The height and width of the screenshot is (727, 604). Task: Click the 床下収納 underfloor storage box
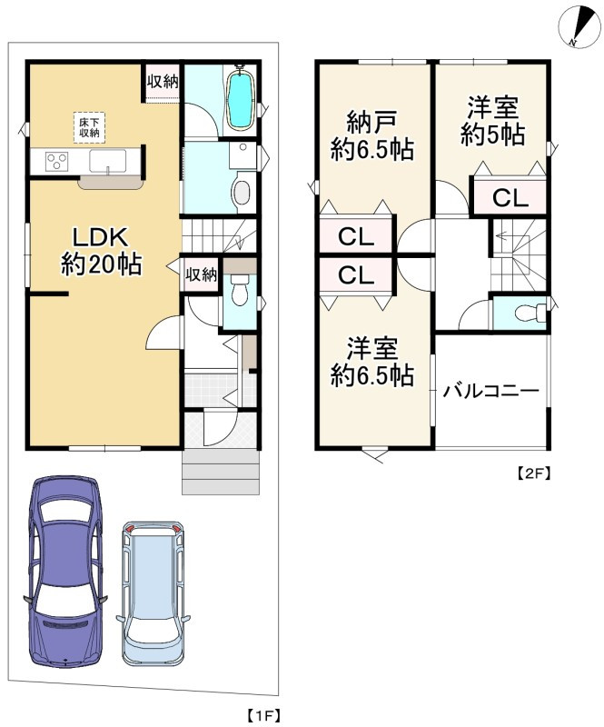click(x=87, y=127)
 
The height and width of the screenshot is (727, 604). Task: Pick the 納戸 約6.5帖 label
click(x=371, y=136)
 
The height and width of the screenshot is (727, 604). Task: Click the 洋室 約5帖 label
click(x=491, y=121)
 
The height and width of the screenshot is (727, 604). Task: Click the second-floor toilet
click(x=525, y=314)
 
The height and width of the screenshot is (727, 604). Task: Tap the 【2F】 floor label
click(x=534, y=473)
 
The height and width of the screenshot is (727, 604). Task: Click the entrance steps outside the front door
click(x=222, y=473)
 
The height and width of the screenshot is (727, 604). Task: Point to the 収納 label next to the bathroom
click(x=163, y=81)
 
